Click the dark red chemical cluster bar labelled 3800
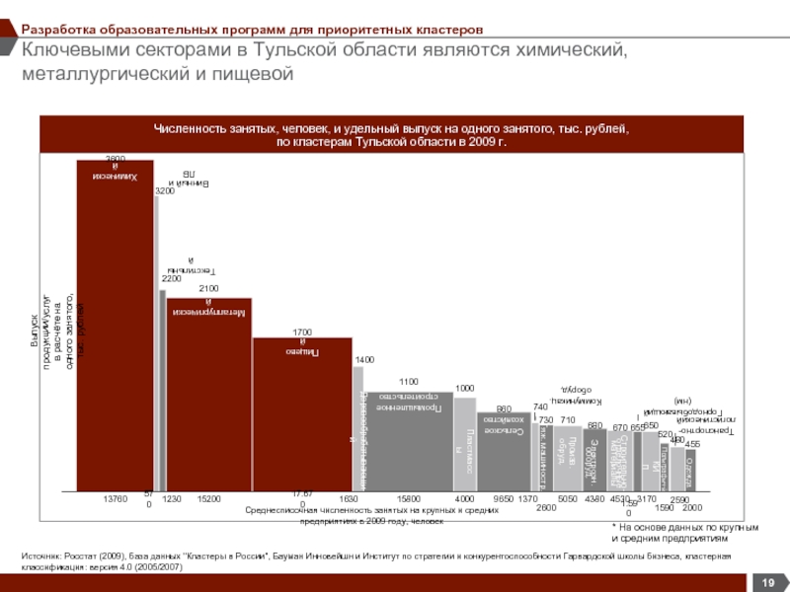pyautogui.click(x=115, y=326)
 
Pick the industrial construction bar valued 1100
pyautogui.click(x=408, y=440)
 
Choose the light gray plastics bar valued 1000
pyautogui.click(x=464, y=444)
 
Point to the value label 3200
pyautogui.click(x=165, y=190)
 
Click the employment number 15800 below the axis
pyautogui.click(x=408, y=500)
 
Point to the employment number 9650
pyautogui.click(x=503, y=500)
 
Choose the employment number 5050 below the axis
pyautogui.click(x=568, y=500)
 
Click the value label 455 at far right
pyautogui.click(x=692, y=444)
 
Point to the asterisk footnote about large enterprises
pyautogui.click(x=671, y=534)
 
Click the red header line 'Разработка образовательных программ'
pyautogui.click(x=252, y=32)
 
